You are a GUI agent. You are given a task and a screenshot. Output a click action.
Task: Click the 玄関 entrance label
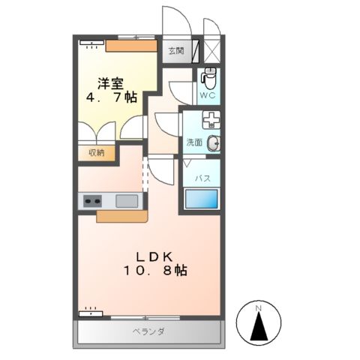175,51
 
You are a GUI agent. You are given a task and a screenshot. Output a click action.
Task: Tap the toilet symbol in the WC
209,76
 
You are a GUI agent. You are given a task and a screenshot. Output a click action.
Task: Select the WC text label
208,96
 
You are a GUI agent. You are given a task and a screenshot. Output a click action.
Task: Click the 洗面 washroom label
194,142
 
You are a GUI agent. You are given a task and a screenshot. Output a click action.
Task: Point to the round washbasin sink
214,142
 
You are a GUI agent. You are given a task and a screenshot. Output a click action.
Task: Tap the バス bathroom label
202,178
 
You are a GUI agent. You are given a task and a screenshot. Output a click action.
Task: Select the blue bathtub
202,199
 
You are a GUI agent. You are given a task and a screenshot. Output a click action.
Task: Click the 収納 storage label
96,153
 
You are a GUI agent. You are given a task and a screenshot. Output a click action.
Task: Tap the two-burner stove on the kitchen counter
93,201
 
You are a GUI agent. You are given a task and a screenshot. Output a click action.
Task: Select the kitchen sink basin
126,201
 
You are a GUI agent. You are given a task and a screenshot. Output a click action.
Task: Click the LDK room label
154,256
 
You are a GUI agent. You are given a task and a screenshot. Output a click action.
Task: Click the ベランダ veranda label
148,331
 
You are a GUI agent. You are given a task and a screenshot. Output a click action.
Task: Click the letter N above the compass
259,308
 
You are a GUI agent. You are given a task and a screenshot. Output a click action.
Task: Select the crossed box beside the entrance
213,51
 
